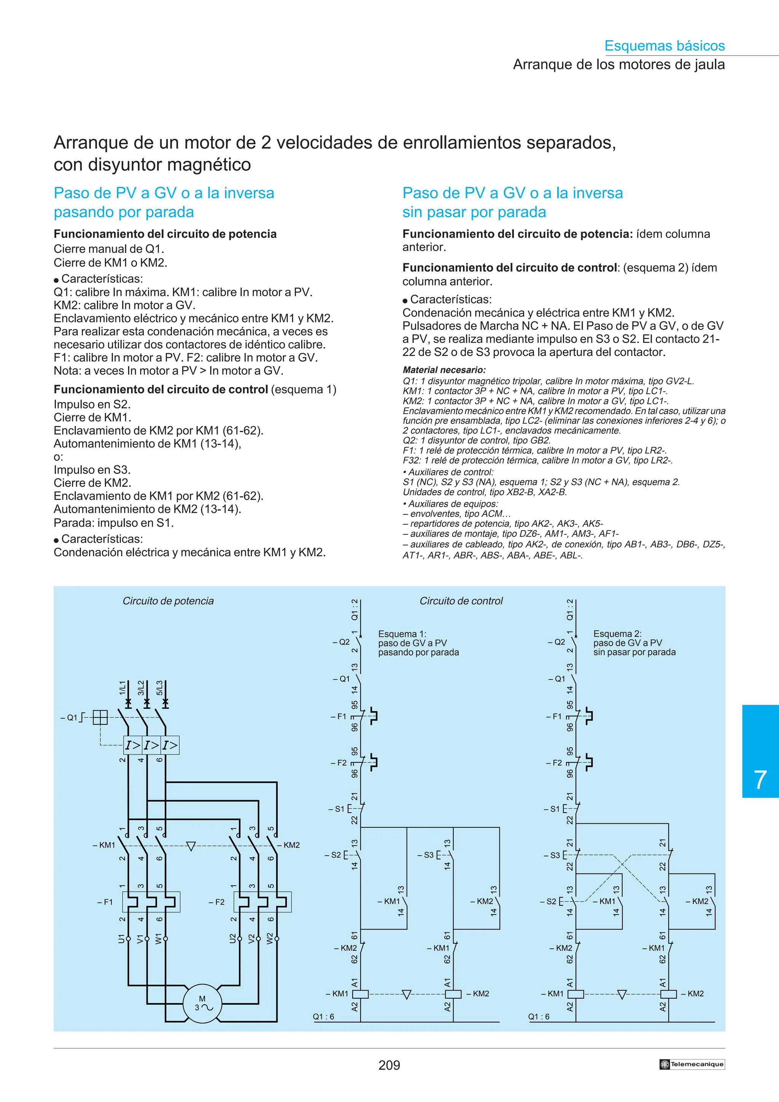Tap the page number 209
(x=389, y=1065)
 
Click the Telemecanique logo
(x=692, y=1064)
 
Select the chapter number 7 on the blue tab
(x=760, y=780)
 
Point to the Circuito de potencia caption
(x=168, y=601)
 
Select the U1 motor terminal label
(x=121, y=938)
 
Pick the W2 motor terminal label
(x=270, y=938)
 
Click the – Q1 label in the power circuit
(x=68, y=718)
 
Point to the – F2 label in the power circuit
(x=216, y=902)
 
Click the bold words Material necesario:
(x=444, y=370)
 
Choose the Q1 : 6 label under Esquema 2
(x=539, y=1016)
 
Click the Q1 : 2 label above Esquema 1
(x=355, y=610)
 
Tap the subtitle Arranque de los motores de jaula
(x=619, y=64)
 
